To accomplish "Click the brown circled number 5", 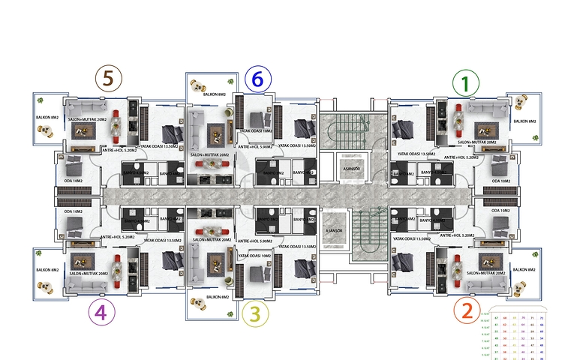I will point(110,78).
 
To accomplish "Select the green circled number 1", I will point(467,83).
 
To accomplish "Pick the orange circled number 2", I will point(467,309).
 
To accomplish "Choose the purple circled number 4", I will point(101,311).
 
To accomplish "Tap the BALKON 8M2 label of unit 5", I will point(47,118).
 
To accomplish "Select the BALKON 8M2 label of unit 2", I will point(524,268).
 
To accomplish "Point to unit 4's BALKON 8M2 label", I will point(47,269).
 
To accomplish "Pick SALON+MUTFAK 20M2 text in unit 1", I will point(477,142).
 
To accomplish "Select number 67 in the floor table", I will point(496,318).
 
